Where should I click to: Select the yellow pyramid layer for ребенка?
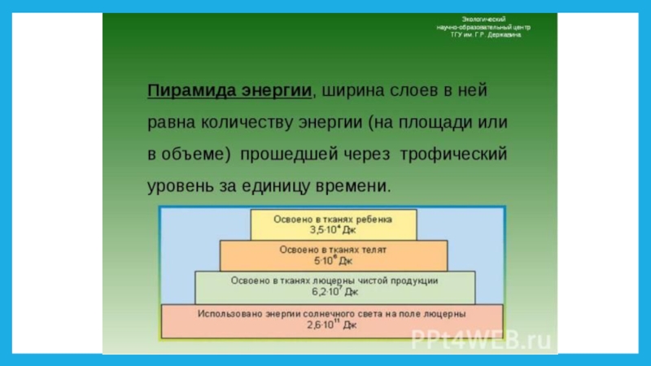pos(334,224)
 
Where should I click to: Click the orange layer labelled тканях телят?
pos(334,255)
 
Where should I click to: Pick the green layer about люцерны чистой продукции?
pos(334,285)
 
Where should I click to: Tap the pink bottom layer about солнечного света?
pos(334,320)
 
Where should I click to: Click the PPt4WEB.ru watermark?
pos(481,339)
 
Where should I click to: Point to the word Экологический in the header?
pos(484,18)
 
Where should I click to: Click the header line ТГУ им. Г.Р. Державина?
pos(484,35)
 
